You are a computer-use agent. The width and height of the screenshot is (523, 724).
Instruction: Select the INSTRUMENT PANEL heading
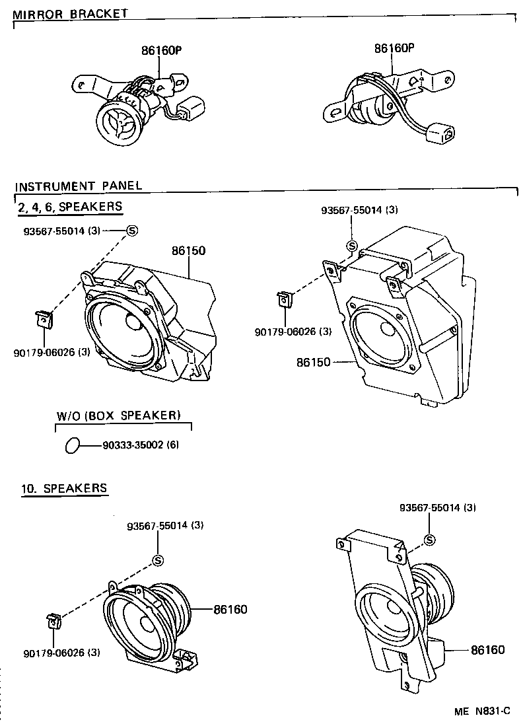click(78, 186)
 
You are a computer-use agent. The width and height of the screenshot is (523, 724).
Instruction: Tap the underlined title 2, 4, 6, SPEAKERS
click(69, 206)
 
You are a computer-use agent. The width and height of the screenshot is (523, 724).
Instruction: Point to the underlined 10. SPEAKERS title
click(64, 488)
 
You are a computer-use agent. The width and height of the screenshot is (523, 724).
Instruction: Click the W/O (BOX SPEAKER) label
click(118, 416)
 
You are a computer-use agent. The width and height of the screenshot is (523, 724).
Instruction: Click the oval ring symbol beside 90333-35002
click(73, 445)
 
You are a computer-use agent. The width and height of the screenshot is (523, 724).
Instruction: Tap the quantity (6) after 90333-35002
click(172, 445)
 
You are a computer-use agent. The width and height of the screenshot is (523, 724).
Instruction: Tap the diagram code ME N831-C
click(482, 711)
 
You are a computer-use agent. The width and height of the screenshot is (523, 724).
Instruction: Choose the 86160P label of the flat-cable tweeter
click(394, 48)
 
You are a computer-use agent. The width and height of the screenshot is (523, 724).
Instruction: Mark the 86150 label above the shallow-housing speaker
click(189, 251)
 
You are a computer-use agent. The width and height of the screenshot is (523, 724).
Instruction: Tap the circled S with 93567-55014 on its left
click(131, 230)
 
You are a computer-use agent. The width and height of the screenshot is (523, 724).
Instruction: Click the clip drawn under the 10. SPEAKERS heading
click(53, 622)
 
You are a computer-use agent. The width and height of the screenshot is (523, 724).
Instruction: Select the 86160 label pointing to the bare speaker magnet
click(230, 609)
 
